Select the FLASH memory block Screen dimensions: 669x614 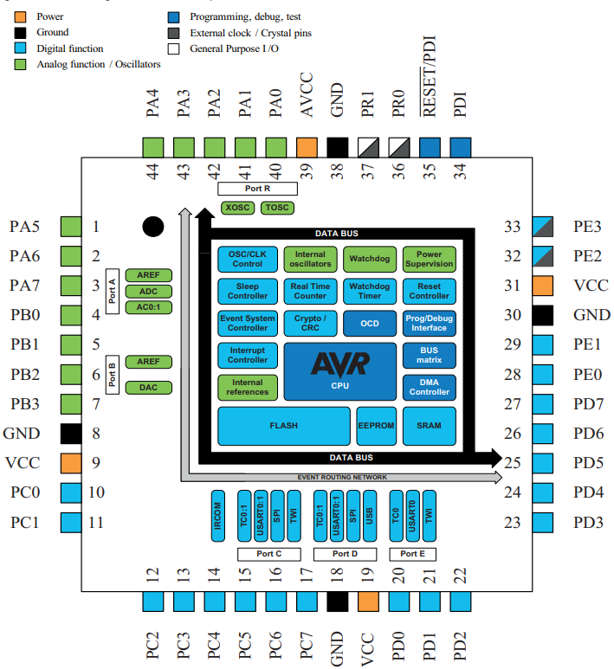click(x=284, y=425)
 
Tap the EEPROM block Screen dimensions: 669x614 click(x=375, y=425)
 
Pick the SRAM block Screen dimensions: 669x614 click(x=430, y=425)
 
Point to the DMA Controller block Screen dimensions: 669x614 click(x=430, y=386)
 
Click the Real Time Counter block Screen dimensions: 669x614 click(x=309, y=291)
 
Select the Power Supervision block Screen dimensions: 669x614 click(x=430, y=259)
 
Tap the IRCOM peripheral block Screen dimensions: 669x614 click(x=219, y=517)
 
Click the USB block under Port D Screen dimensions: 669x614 click(x=369, y=517)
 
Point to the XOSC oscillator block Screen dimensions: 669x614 click(x=236, y=208)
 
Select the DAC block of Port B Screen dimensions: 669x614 click(x=147, y=388)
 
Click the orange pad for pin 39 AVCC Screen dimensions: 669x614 click(x=307, y=146)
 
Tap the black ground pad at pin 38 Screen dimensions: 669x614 click(x=338, y=146)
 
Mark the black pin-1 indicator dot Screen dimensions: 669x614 click(x=153, y=227)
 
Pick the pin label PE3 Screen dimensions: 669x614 click(x=589, y=227)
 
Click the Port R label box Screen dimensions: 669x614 click(x=259, y=188)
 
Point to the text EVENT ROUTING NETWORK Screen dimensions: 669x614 click(x=342, y=477)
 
